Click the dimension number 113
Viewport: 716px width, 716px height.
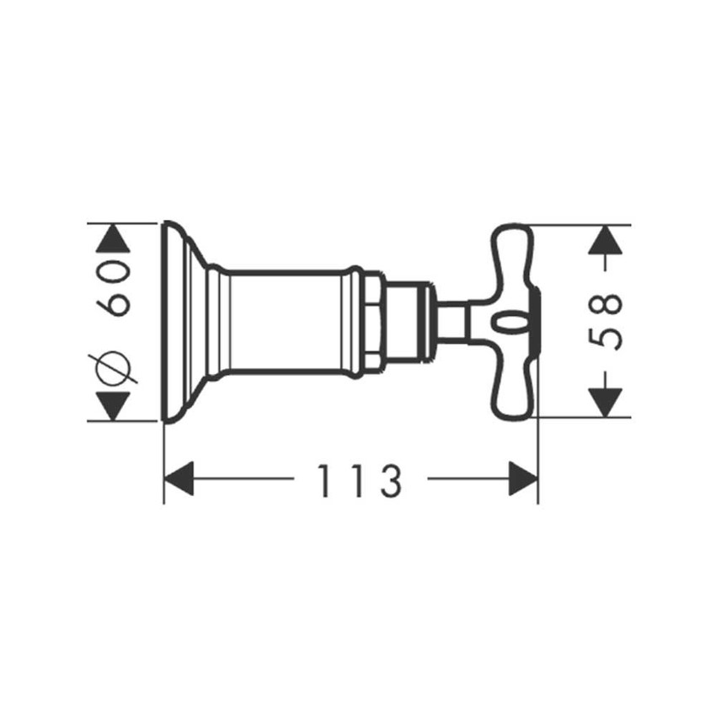360,481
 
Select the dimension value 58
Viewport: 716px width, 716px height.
605,322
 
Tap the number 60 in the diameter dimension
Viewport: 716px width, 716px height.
113,288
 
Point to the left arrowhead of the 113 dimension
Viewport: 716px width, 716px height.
179,478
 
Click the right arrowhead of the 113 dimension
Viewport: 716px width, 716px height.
523,478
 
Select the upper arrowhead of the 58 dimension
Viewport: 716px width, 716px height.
606,240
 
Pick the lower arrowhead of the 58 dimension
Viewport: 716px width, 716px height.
606,403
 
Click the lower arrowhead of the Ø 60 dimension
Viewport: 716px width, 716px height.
113,406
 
